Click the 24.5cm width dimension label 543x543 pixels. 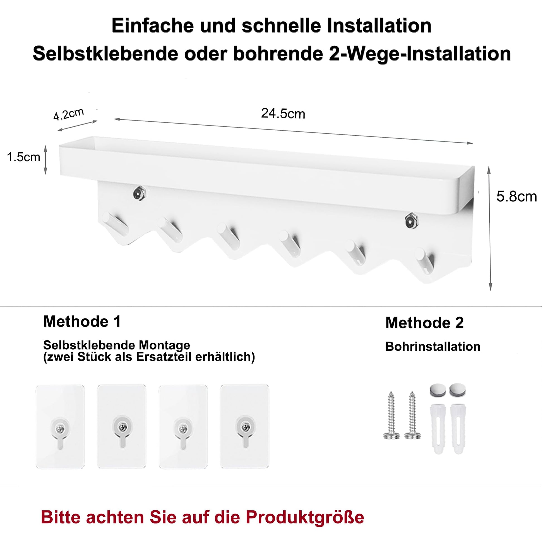[x=283, y=114]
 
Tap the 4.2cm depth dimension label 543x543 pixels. [x=69, y=114]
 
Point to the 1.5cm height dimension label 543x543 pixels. [x=24, y=157]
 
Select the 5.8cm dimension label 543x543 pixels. [x=516, y=196]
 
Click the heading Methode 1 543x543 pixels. [x=82, y=321]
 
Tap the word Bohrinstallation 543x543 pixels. [x=433, y=347]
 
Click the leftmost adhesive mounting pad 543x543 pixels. [x=60, y=427]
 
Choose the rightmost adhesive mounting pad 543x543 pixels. [x=244, y=427]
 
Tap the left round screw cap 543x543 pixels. [x=438, y=391]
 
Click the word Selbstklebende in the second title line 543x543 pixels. [x=105, y=53]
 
